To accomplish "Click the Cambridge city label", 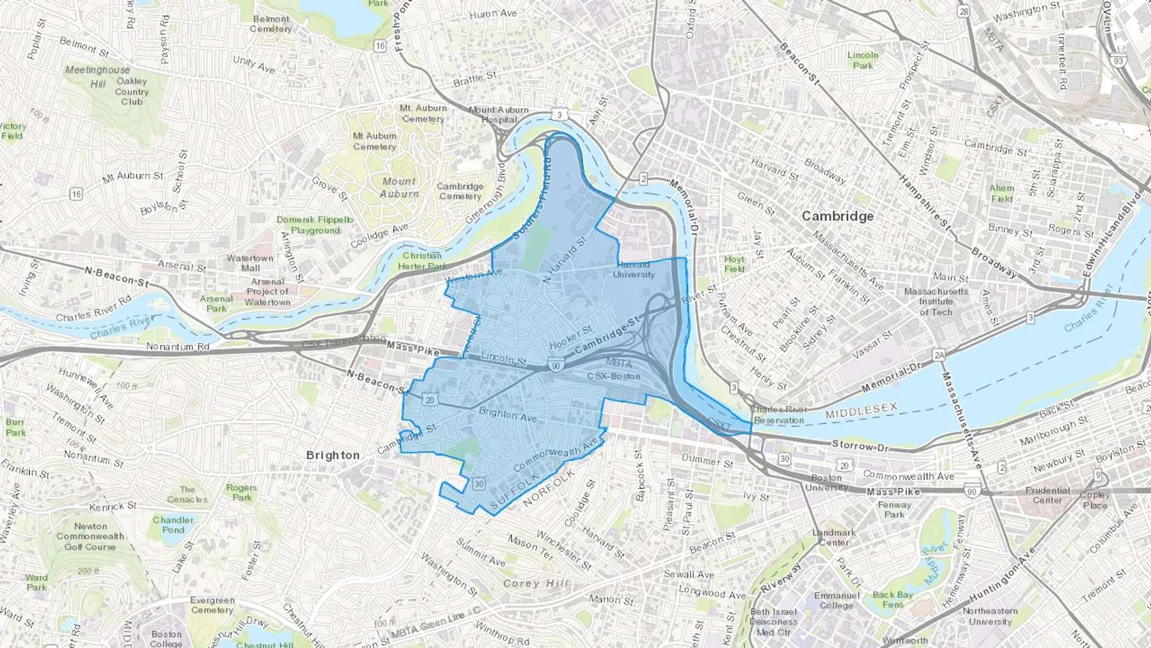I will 838,216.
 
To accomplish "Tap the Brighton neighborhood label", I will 333,455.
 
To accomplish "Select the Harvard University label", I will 634,270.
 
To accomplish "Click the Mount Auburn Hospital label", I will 499,115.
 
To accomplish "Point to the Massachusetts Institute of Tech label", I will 936,302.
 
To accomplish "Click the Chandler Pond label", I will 173,525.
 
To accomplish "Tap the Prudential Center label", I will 1047,495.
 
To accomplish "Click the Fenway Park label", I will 894,509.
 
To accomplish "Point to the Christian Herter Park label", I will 422,261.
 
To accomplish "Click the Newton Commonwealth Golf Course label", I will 90,536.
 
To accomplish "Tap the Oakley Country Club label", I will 132,91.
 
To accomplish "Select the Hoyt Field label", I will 734,264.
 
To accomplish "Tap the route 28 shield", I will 963,12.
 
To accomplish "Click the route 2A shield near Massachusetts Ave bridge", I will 939,355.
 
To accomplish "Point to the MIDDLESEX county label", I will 861,411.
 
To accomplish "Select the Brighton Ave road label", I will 508,415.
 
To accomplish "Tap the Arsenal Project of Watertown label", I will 267,292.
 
